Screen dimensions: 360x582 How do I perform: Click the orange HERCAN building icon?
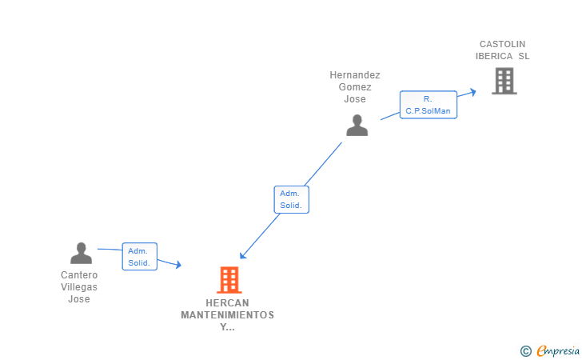click(x=229, y=280)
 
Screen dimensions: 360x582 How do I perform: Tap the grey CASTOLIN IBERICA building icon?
click(x=504, y=81)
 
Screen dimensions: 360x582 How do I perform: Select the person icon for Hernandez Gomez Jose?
click(x=357, y=125)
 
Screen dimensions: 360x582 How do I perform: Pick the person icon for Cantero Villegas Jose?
click(x=81, y=253)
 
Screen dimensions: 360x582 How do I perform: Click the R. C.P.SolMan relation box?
click(x=429, y=105)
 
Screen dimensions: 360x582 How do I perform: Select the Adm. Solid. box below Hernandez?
click(x=291, y=199)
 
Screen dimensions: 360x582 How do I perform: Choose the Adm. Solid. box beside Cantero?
click(x=139, y=257)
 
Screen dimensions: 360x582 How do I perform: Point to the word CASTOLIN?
click(x=503, y=44)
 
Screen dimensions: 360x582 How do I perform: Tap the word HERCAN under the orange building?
click(x=227, y=303)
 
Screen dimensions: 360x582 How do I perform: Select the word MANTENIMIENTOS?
click(x=227, y=315)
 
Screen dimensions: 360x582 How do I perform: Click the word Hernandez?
click(x=355, y=75)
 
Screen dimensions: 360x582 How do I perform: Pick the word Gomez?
click(x=355, y=87)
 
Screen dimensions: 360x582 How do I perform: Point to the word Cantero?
click(x=79, y=275)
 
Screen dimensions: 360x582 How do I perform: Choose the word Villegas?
click(x=79, y=287)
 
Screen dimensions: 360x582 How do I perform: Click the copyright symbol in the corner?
click(x=525, y=350)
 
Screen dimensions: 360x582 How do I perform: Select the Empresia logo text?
click(x=552, y=350)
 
